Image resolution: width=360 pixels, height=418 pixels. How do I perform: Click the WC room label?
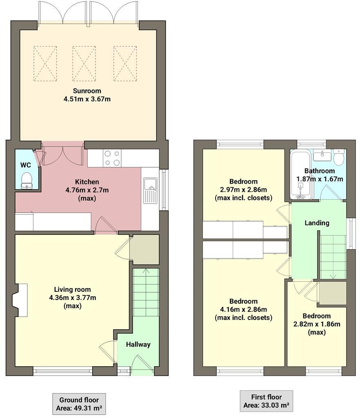point(26,165)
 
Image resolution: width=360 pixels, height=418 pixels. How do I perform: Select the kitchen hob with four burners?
point(112,158)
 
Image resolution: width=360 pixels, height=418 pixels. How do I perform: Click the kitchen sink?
point(149,190)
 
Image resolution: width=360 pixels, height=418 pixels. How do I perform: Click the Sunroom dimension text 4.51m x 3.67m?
point(87,99)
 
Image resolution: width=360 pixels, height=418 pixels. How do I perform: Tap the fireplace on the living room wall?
point(20,300)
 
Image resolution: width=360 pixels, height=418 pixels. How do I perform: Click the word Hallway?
point(138,344)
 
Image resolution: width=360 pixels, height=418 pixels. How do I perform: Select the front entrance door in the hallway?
point(142,365)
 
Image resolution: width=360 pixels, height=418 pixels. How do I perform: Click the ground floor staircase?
point(146,291)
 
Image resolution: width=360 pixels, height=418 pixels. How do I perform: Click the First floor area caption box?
point(267,400)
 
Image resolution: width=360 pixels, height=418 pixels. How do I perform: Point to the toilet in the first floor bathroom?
point(339,156)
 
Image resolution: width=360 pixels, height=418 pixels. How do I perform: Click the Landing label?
point(317,223)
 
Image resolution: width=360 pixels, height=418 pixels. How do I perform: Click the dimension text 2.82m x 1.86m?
point(316,324)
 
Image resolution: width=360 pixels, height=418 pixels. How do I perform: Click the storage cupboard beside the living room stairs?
point(144,249)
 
